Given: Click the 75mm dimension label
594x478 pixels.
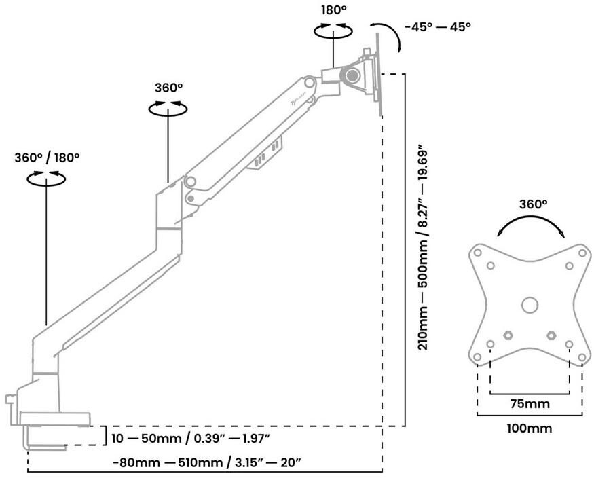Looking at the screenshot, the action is click(530, 404).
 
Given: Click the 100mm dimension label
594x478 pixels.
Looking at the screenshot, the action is click(530, 428).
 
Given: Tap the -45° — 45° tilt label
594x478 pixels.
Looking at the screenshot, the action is click(438, 27).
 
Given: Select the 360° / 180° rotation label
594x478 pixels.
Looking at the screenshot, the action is click(47, 158).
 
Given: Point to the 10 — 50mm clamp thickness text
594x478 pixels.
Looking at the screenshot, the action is click(191, 439).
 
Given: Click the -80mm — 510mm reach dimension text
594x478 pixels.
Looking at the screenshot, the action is click(207, 462).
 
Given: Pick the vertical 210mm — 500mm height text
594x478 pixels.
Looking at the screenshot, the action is click(423, 250).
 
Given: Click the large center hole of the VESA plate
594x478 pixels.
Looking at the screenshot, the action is click(530, 305).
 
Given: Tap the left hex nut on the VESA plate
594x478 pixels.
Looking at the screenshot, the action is click(508, 335).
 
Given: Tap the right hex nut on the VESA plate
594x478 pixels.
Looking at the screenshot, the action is click(551, 335).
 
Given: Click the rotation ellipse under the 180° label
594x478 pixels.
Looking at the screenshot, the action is click(333, 37).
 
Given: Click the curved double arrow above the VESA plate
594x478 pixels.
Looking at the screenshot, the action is click(530, 217).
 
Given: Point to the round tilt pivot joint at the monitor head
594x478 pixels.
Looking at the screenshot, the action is click(351, 75).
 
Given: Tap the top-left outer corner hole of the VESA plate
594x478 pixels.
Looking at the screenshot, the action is click(478, 253).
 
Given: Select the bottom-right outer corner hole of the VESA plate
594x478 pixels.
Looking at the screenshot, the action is click(582, 357).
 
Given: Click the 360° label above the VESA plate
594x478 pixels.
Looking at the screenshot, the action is click(533, 204).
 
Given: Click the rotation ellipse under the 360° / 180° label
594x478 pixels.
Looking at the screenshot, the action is click(46, 183).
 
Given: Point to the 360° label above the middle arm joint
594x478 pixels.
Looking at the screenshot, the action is click(168, 88).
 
